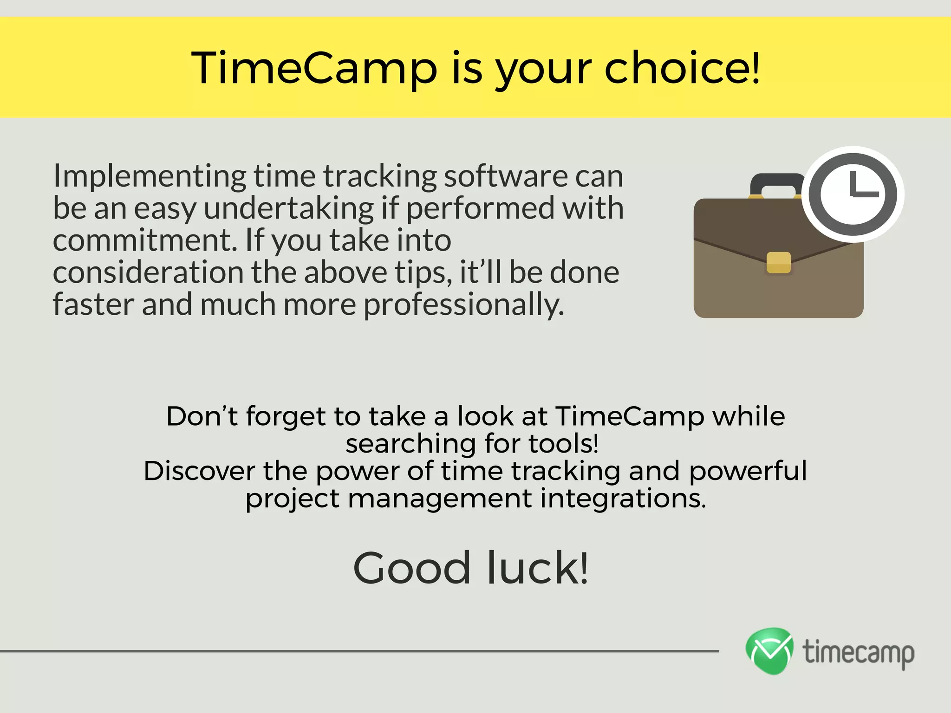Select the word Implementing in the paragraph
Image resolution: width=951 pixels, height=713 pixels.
150,177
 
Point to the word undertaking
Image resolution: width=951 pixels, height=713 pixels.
288,208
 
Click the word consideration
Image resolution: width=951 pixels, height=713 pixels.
148,272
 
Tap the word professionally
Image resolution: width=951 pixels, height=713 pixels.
463,305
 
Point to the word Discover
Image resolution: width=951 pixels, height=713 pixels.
199,471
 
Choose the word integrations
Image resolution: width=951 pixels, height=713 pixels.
622,498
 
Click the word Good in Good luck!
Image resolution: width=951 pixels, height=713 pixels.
412,568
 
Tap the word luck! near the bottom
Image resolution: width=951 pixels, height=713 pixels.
537,568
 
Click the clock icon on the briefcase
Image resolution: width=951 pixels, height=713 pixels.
853,194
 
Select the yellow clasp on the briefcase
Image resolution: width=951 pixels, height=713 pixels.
778,262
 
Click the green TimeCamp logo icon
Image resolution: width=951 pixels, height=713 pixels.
769,650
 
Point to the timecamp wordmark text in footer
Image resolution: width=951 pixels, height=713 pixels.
859,652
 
